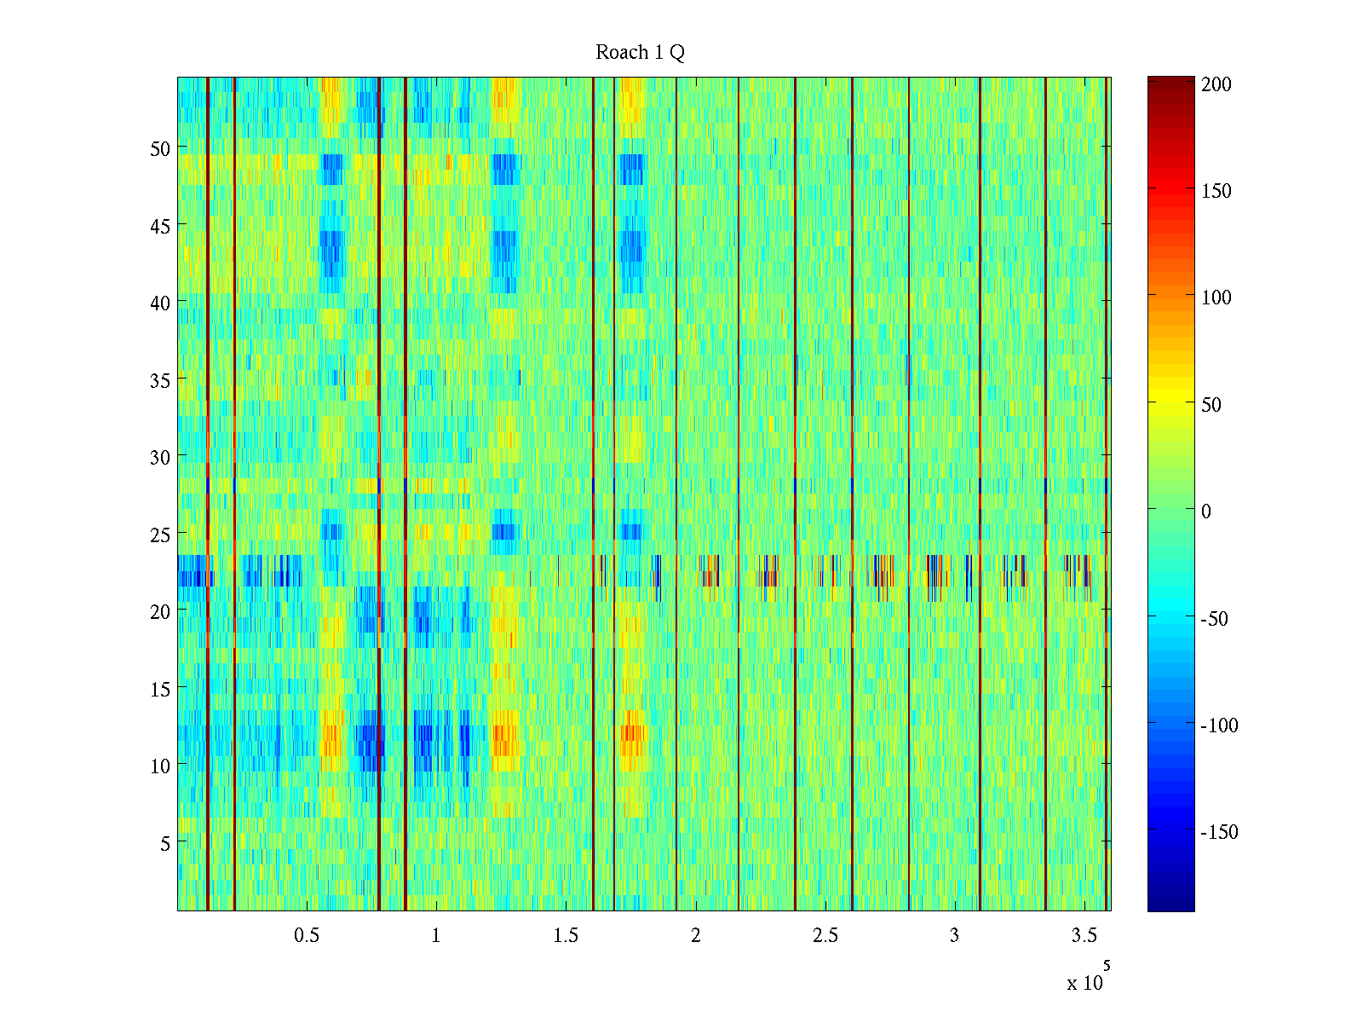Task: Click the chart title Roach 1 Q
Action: pos(640,53)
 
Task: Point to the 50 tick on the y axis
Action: pos(160,148)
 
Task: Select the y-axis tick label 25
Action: pos(160,535)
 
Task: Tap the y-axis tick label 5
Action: pos(165,843)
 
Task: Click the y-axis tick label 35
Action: pos(160,380)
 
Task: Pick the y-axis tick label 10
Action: pos(160,766)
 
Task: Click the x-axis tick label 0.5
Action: pos(307,936)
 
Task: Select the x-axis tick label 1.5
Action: pos(566,936)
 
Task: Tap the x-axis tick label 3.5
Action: pos(1084,936)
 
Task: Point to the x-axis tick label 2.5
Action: pos(825,936)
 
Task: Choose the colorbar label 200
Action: pos(1216,84)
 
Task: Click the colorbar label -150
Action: pos(1219,833)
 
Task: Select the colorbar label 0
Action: pos(1205,511)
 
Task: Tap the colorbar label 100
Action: pos(1216,298)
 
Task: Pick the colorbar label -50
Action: pos(1215,619)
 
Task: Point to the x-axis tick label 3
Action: pos(954,936)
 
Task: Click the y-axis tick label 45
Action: pos(160,226)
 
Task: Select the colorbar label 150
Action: pos(1216,191)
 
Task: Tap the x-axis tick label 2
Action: pos(695,936)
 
